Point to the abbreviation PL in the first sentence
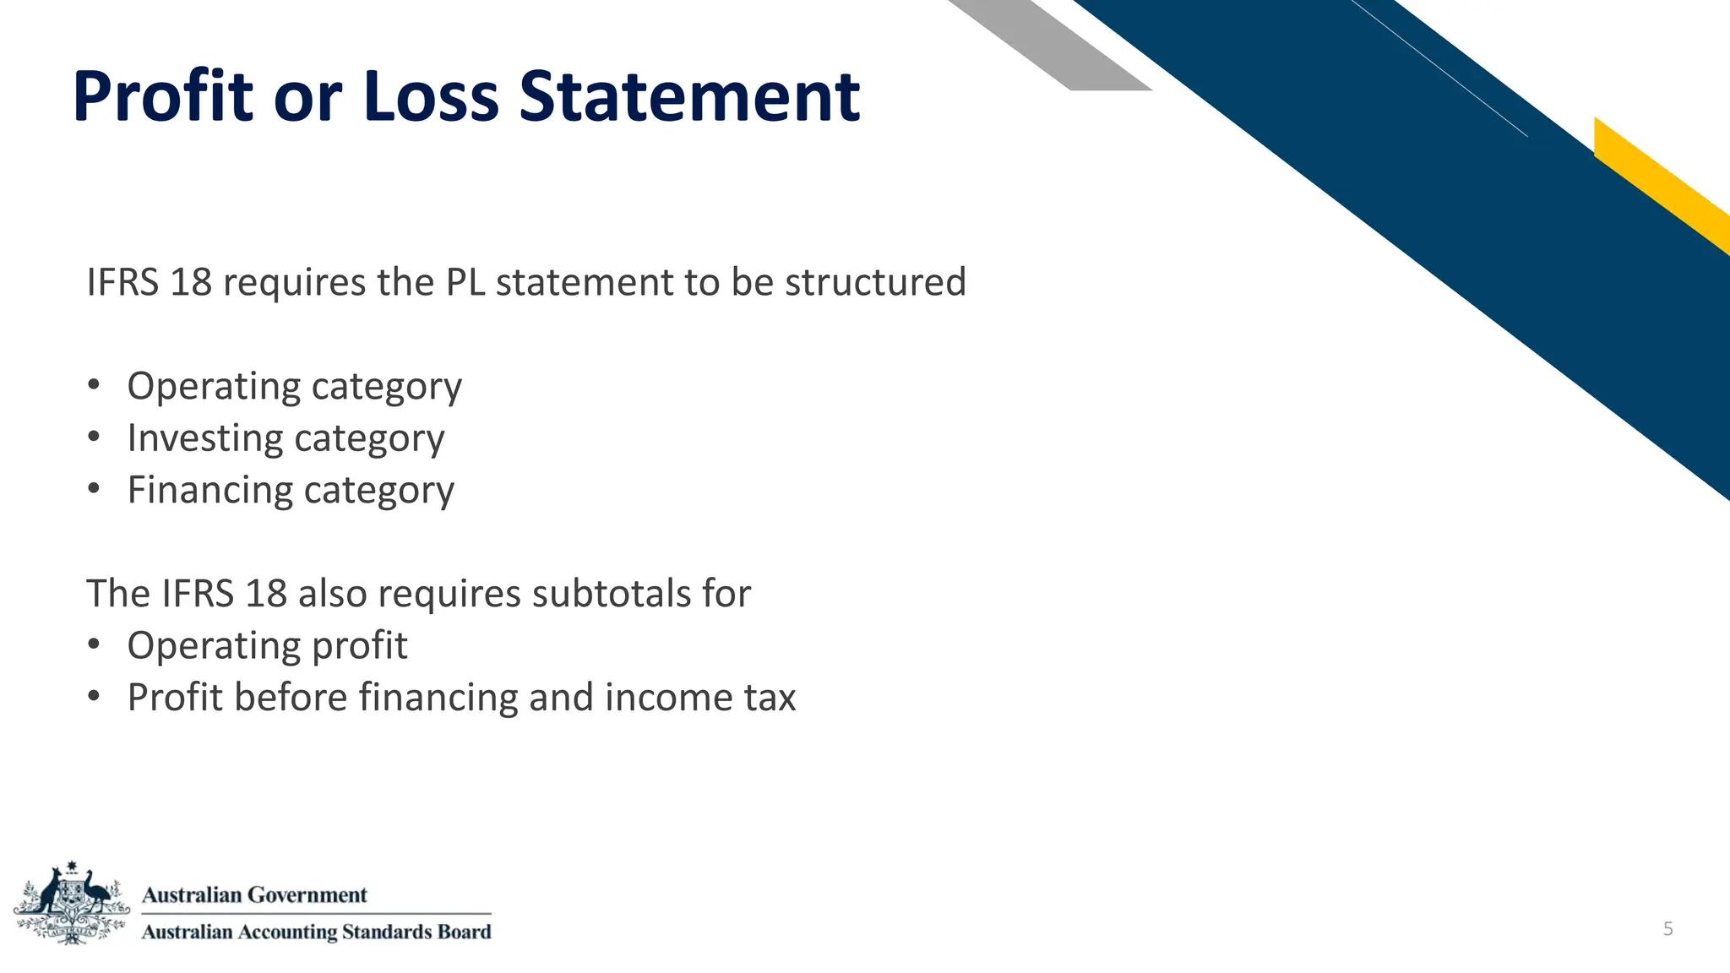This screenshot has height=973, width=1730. click(465, 282)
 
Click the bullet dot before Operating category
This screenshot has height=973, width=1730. click(94, 386)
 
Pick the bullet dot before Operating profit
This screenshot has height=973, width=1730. click(94, 645)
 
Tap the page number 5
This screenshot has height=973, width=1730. click(1667, 929)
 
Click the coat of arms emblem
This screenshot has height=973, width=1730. click(72, 904)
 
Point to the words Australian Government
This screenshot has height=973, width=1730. click(254, 894)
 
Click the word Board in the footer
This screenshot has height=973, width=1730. click(464, 932)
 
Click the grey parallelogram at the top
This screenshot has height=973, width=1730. click(1047, 42)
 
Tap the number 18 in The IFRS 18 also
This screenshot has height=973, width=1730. click(266, 593)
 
